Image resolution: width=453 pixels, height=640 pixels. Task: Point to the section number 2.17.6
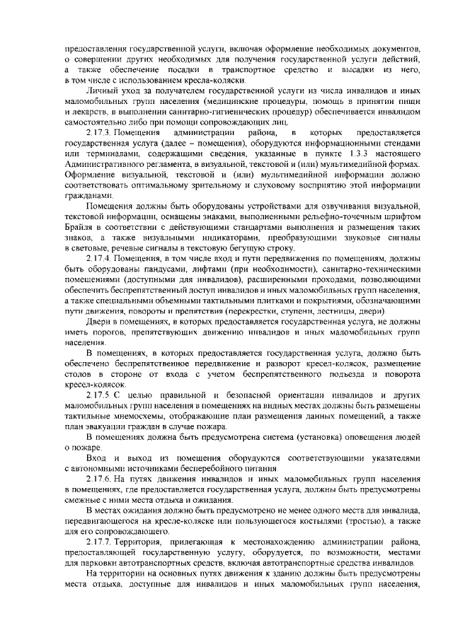[99, 478]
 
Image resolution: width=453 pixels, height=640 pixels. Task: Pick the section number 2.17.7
[99, 540]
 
